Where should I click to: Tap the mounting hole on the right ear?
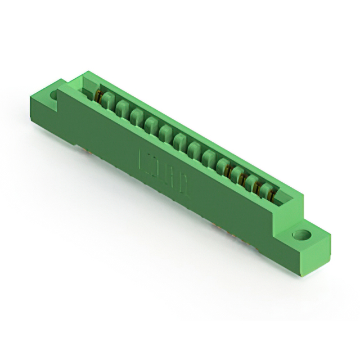302,235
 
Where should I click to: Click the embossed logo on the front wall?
163,174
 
